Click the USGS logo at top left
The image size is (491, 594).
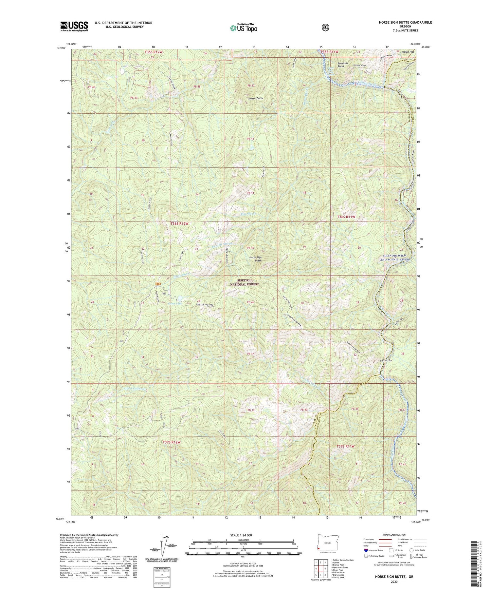tap(74, 26)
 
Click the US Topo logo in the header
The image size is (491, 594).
tap(244, 28)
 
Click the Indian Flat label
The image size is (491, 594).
tap(409, 51)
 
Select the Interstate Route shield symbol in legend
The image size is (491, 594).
tap(366, 550)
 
